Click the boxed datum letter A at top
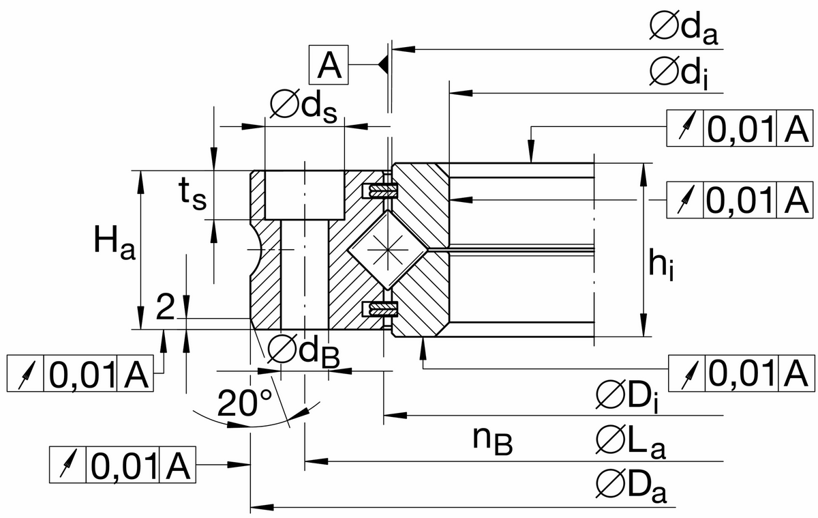pos(329,65)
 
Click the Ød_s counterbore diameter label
pos(304,106)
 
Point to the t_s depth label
pos(192,195)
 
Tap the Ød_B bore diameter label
pos(303,351)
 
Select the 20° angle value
pos(245,403)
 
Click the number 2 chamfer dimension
pos(165,307)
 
